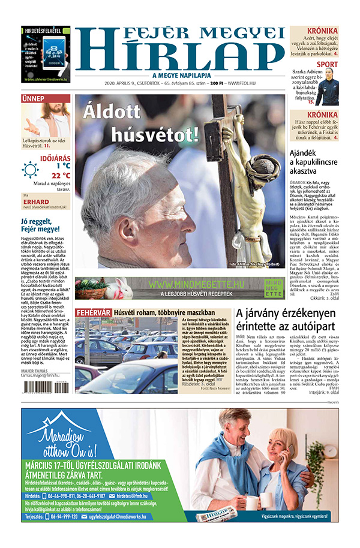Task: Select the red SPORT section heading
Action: [327, 64]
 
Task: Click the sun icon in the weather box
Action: [30, 169]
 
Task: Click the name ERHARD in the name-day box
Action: [36, 201]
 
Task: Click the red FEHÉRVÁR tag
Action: [93, 312]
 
